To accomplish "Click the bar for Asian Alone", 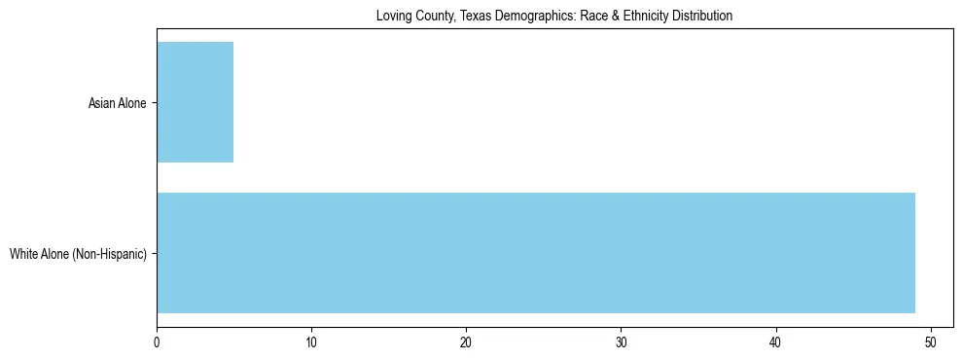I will [195, 102].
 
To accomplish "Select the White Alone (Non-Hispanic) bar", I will [535, 253].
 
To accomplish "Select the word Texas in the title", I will [474, 17].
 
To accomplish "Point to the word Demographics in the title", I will [533, 17].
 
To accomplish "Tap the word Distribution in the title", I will [704, 17].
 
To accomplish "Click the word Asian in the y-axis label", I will [102, 103].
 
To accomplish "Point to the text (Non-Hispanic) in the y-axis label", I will [112, 255].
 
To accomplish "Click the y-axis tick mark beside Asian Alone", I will [154, 102].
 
